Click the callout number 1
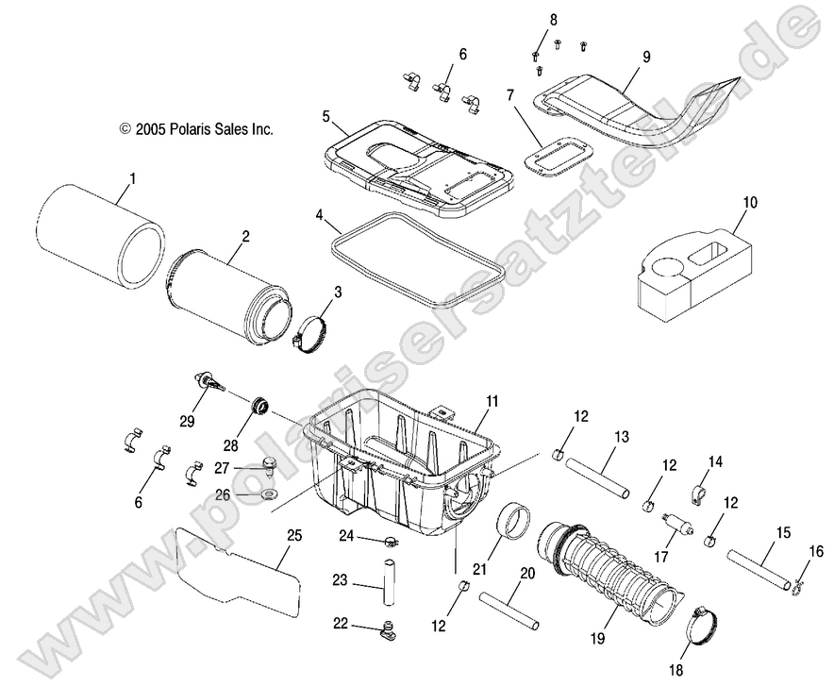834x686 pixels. [x=132, y=176]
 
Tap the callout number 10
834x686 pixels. [x=776, y=202]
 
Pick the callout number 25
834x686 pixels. [x=294, y=536]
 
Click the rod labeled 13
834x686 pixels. [x=600, y=477]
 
